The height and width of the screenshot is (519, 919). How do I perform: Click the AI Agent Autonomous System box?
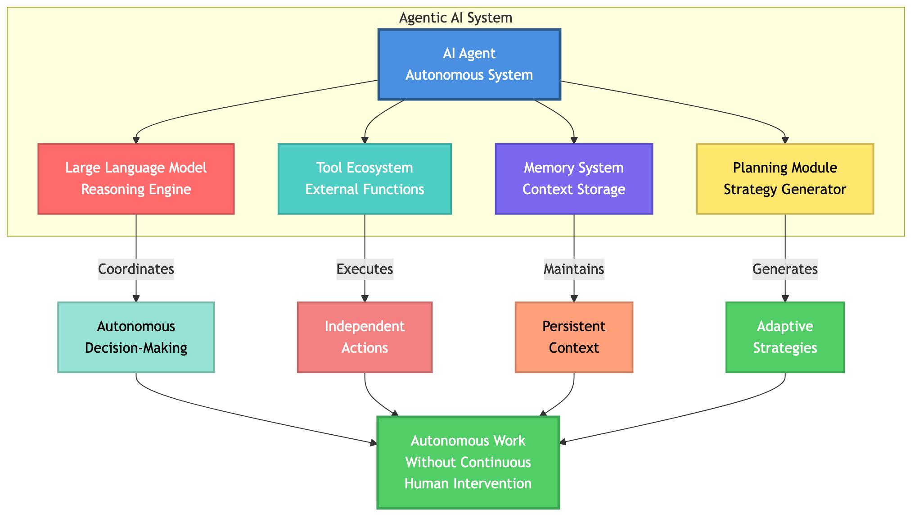(469, 64)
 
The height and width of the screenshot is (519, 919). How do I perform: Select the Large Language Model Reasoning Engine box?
(136, 178)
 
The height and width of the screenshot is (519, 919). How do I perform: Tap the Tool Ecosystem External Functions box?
(365, 178)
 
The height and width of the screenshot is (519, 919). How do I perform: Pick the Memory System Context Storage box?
(574, 178)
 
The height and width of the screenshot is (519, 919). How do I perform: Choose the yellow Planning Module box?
(785, 178)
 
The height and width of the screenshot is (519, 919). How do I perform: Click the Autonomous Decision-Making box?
(136, 337)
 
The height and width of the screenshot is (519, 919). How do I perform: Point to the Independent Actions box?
(365, 337)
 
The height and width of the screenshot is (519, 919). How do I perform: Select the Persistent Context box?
(574, 337)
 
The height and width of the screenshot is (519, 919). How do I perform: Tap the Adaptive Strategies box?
(785, 337)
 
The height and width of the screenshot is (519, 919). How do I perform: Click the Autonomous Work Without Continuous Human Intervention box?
(468, 462)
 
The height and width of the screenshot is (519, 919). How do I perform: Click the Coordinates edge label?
(136, 269)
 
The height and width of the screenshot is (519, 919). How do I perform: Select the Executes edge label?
(365, 269)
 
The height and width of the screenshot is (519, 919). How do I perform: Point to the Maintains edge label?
(574, 269)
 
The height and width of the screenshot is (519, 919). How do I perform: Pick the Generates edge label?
(785, 269)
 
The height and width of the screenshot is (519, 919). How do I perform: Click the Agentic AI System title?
(455, 18)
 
